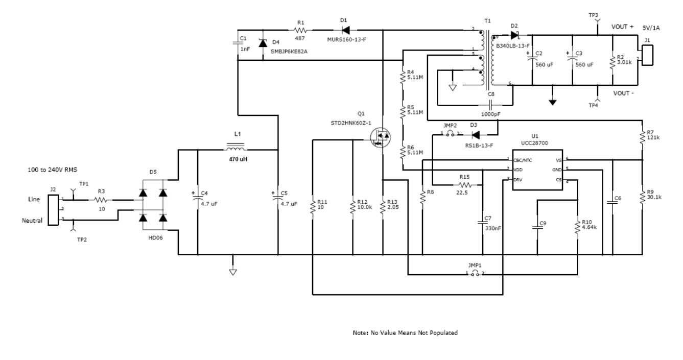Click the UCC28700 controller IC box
click(538, 170)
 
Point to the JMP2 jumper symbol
click(450, 134)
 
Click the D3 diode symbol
click(475, 135)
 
